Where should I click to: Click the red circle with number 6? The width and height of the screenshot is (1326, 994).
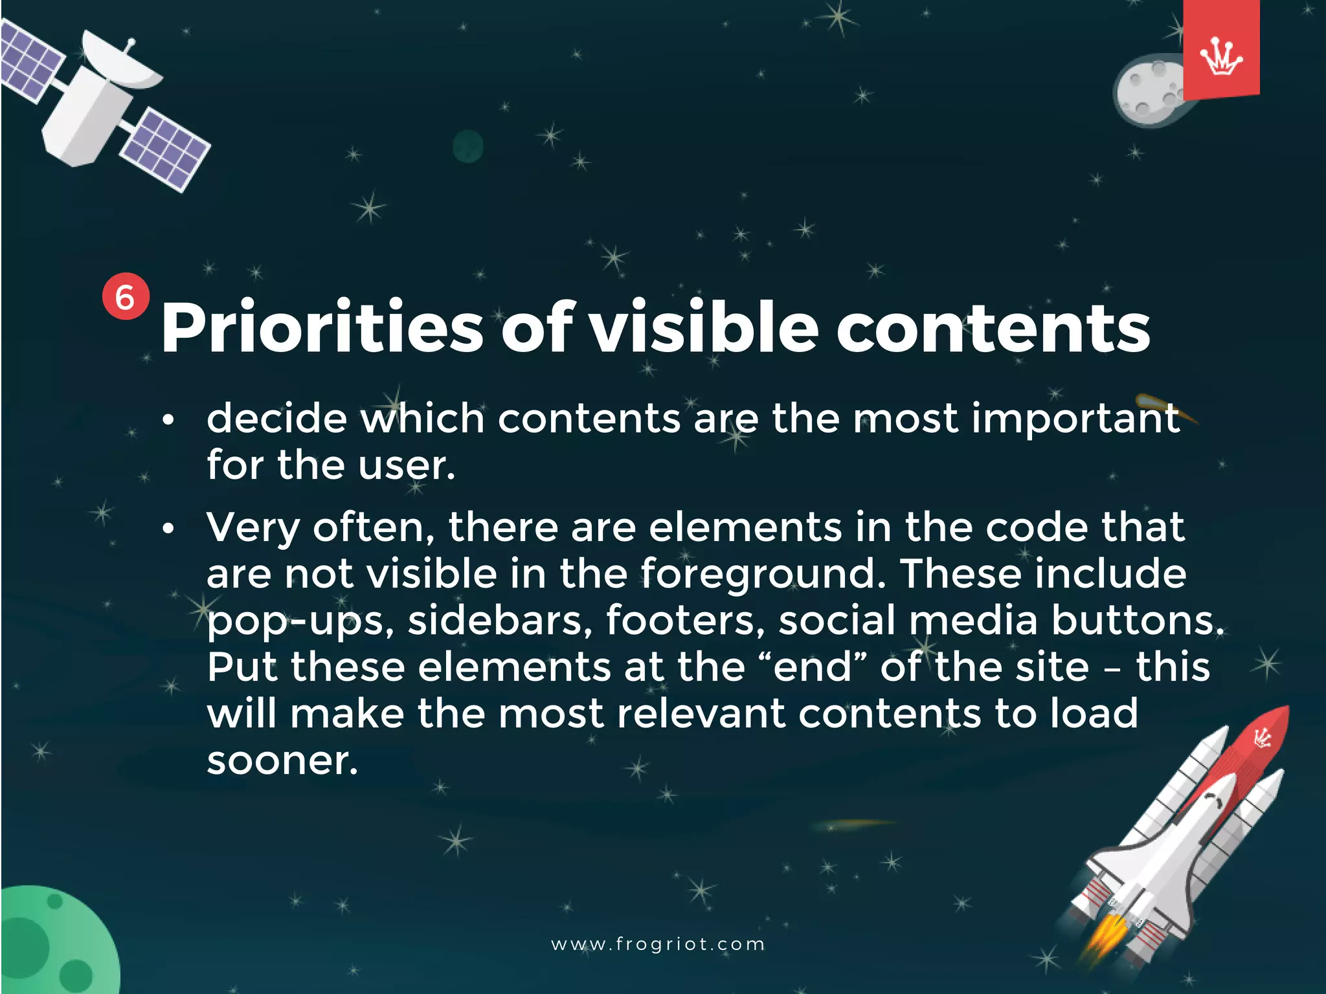click(125, 297)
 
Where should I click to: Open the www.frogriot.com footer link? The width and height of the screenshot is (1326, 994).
click(658, 944)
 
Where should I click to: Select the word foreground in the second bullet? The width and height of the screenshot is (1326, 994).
click(762, 575)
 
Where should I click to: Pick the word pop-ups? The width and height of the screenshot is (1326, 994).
click(300, 621)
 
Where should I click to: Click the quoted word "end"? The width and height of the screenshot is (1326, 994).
click(812, 667)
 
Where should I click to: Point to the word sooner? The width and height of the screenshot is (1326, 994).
click(282, 760)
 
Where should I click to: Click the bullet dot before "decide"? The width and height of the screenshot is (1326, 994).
click(168, 420)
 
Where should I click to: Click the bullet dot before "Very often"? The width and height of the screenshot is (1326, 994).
click(168, 529)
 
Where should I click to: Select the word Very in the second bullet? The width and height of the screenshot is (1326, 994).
click(253, 528)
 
